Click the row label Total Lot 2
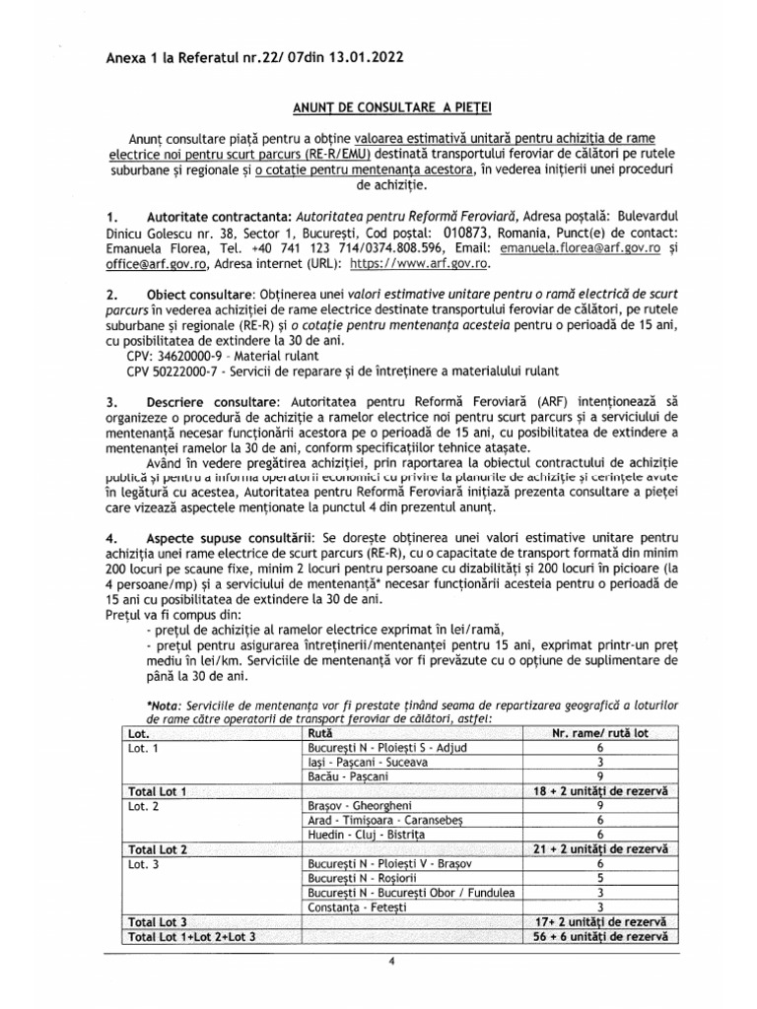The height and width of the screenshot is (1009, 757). [158, 848]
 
